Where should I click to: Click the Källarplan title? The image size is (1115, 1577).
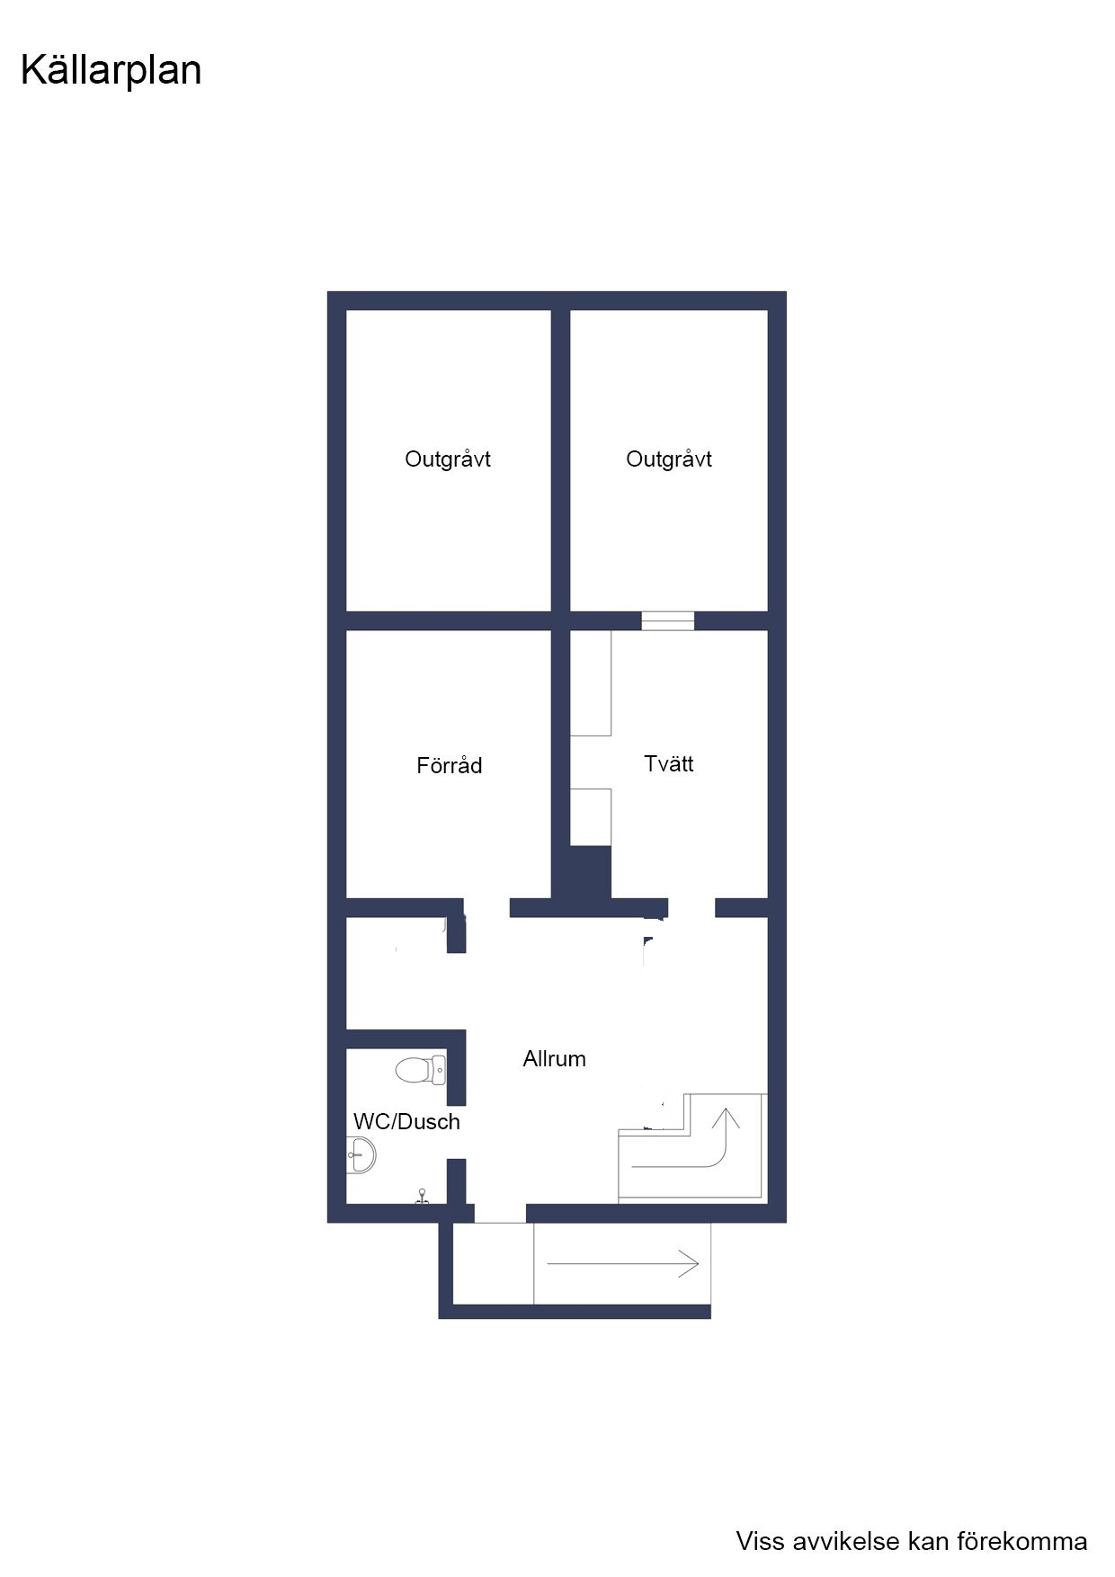coord(111,71)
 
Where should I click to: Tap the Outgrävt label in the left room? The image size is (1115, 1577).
coord(448,459)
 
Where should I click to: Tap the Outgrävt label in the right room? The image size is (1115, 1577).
coord(669,459)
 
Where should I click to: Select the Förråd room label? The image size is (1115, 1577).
coord(450,765)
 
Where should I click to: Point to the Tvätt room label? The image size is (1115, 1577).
coord(669,763)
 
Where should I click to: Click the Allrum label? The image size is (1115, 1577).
coord(555,1058)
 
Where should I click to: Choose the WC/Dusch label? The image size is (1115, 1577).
coord(406,1121)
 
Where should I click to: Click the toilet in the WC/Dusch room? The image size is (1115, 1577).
coord(420,1070)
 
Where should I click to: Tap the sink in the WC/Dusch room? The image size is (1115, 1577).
coord(361,1154)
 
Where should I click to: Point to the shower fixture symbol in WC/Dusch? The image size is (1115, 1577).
coord(422,1197)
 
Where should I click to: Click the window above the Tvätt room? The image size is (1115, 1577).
coord(668,620)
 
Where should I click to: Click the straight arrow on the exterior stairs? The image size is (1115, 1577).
coord(623,1263)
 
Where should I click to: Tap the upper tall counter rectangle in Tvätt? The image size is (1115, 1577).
coord(591,683)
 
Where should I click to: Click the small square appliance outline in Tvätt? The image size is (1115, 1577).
coord(591,817)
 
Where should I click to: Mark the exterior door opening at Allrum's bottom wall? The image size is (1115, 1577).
coord(500,1214)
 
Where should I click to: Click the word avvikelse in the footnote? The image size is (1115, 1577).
coord(843,1541)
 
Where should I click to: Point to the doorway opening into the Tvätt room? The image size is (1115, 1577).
coord(691,908)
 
